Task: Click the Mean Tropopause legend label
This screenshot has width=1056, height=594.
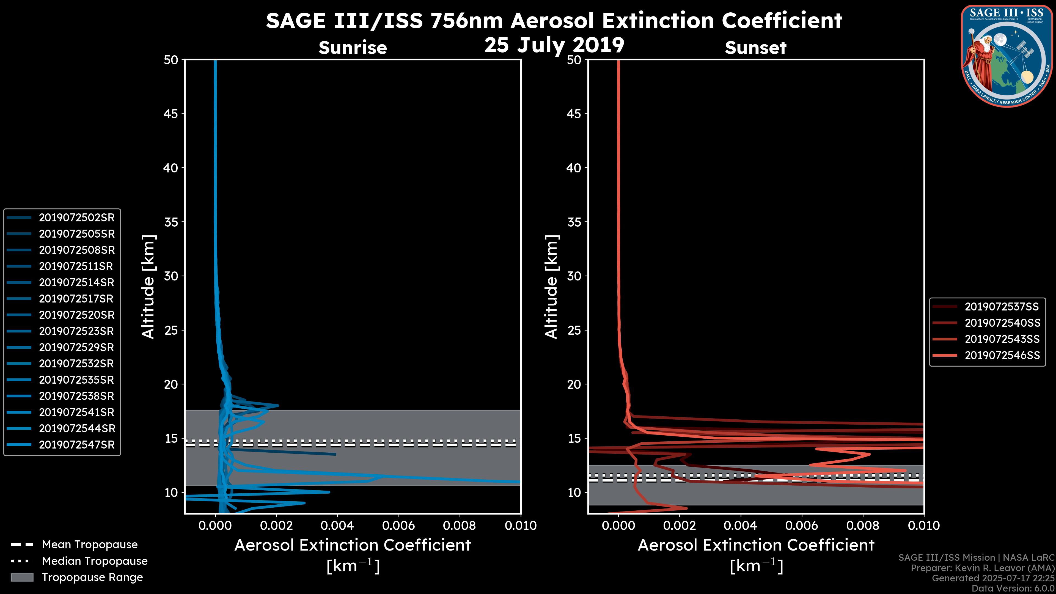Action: pos(90,545)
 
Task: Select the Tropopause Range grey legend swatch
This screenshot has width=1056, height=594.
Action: pos(22,577)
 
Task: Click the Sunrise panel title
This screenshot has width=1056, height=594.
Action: pos(353,48)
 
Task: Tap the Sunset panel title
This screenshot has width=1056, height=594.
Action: pos(755,48)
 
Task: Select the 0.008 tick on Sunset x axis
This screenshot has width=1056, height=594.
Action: pos(863,526)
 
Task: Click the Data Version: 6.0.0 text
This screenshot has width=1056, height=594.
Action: pos(1013,588)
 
